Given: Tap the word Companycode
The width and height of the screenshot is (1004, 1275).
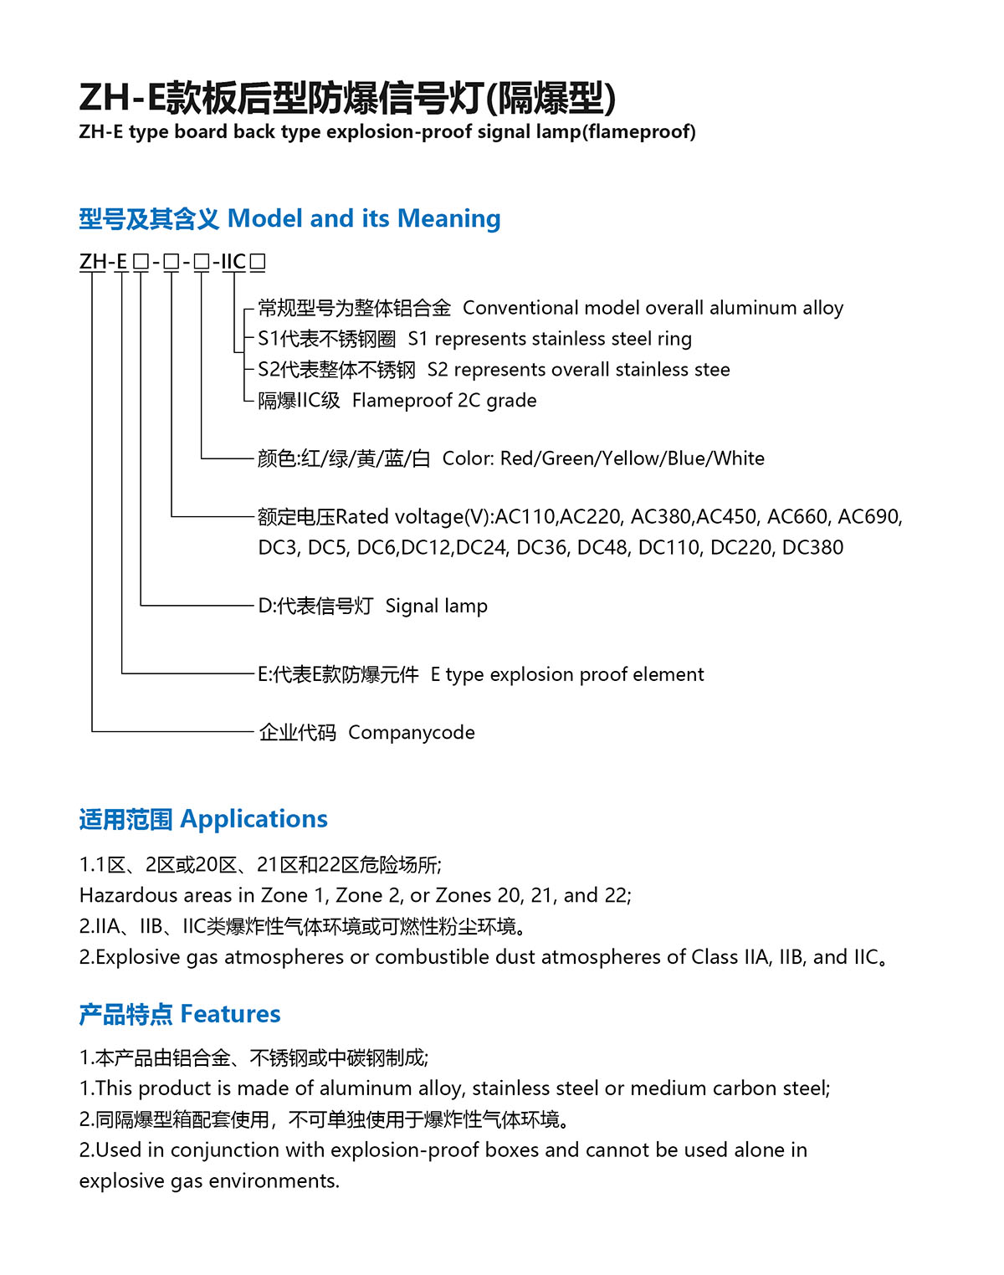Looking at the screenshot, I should (x=411, y=733).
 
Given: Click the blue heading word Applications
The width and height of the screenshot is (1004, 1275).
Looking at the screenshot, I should (x=254, y=819).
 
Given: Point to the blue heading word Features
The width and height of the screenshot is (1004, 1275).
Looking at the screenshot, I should (x=230, y=1014).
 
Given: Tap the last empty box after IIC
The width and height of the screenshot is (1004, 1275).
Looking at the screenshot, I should (x=258, y=263).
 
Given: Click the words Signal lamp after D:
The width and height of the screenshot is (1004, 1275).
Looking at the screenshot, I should (x=436, y=606).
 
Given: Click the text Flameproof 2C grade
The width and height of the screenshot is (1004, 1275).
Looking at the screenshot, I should (x=443, y=401).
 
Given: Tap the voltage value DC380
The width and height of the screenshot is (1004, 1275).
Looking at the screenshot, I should (x=812, y=548).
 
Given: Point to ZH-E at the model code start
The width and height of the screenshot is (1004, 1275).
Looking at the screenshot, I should (x=103, y=263).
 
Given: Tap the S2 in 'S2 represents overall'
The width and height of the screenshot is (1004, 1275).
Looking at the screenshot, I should (x=438, y=370).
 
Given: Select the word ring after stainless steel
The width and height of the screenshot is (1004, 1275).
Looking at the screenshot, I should (x=674, y=339).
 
